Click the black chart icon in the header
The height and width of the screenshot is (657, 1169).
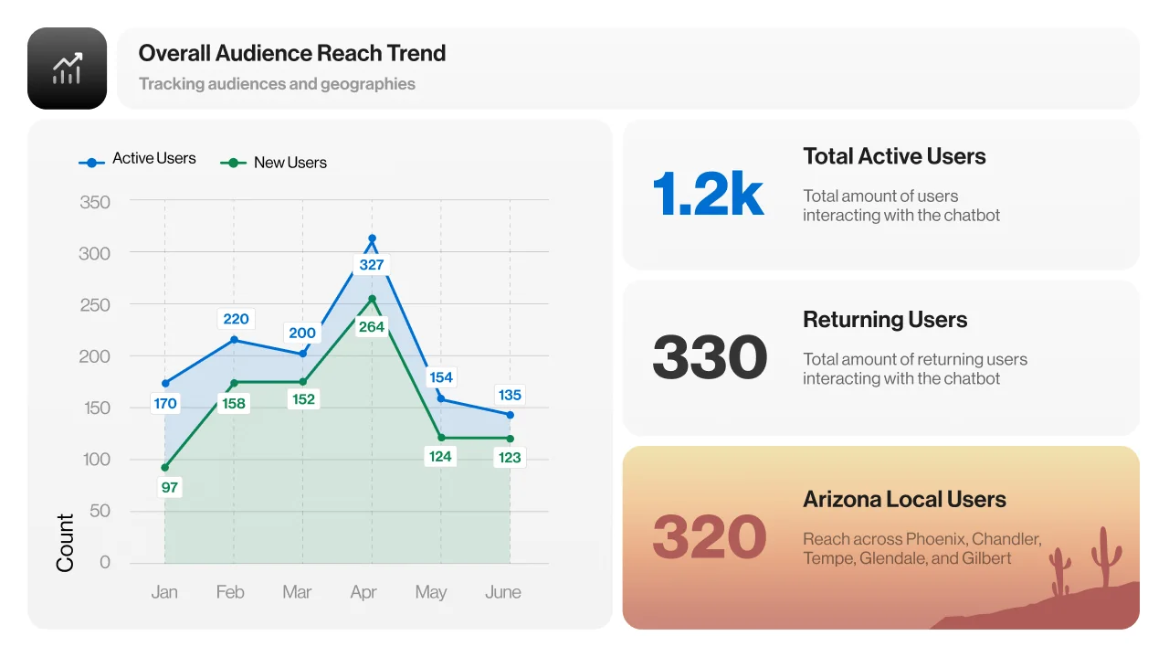(x=67, y=69)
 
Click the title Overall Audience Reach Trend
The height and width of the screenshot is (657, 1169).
(x=291, y=53)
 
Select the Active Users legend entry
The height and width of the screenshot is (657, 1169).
(x=137, y=159)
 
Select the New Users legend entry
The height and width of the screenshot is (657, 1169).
(x=273, y=163)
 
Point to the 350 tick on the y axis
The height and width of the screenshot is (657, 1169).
(x=94, y=202)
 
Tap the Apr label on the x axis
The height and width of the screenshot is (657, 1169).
(x=363, y=592)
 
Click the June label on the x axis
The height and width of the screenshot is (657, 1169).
(x=502, y=592)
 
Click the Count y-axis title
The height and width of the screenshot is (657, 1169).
(x=65, y=543)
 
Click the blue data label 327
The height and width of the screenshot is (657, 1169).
(x=372, y=265)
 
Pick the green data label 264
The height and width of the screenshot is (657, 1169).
(x=372, y=327)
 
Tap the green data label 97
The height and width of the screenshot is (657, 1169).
(x=170, y=488)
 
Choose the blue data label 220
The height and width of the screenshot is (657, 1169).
(x=236, y=319)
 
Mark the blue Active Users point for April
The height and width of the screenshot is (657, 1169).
(x=372, y=238)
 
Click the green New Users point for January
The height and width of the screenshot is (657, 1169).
(x=165, y=468)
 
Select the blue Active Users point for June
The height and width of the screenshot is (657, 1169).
(x=511, y=415)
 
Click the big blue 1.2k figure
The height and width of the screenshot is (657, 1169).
(x=708, y=194)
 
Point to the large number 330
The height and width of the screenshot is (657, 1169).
(x=710, y=357)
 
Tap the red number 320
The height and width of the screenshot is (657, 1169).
(x=710, y=537)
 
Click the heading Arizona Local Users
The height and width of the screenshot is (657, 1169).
(x=904, y=499)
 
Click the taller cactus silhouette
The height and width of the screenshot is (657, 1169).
(x=1105, y=556)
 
